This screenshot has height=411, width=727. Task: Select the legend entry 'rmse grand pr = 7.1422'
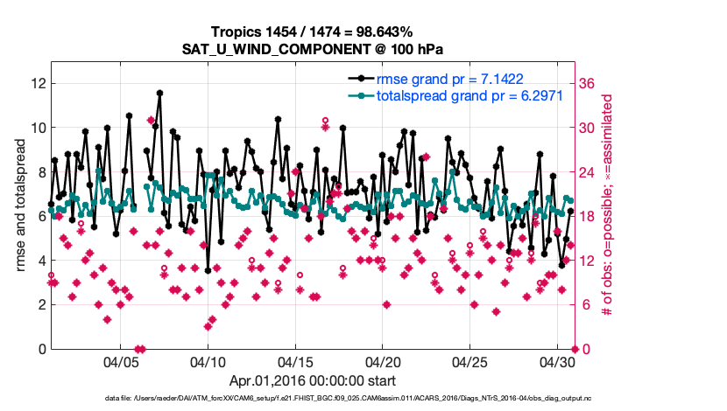pyautogui.click(x=456, y=79)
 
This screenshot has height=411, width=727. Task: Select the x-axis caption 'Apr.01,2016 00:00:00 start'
pyautogui.click(x=313, y=380)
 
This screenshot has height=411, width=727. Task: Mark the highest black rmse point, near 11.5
pyautogui.click(x=159, y=93)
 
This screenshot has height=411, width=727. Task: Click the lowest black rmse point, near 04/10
pyautogui.click(x=208, y=270)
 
